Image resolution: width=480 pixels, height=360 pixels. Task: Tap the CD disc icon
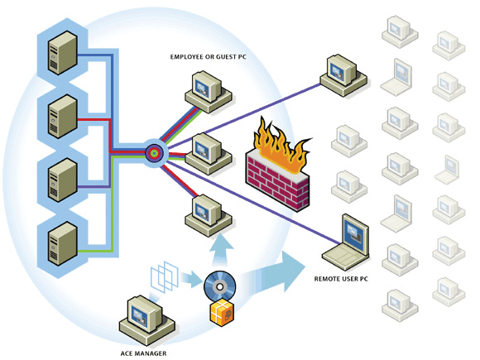point(219,287)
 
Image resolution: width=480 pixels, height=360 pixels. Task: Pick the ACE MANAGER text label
point(143,353)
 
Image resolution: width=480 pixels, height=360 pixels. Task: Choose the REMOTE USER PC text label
point(341,279)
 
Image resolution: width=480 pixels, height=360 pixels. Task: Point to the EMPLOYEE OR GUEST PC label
point(209,57)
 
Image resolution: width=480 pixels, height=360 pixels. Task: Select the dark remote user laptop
point(346,242)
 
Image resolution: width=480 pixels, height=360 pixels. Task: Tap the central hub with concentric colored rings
point(155,153)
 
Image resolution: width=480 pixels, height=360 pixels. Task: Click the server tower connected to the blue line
point(62,52)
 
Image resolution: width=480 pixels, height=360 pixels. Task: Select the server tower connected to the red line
point(62,117)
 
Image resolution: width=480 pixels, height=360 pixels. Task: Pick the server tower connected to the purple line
point(62,180)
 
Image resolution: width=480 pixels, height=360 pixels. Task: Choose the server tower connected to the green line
point(62,243)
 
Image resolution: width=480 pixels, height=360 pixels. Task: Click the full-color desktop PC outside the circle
point(343,75)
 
